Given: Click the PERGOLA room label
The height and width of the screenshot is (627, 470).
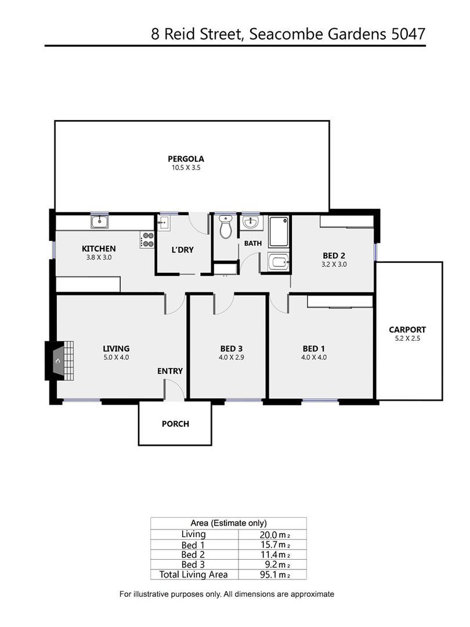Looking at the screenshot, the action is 186,158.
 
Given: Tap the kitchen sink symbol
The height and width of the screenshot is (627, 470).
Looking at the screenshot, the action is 100,222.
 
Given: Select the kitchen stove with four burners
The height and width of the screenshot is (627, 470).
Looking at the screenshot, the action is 147,240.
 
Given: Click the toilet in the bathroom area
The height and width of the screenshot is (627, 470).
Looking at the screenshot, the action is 226,227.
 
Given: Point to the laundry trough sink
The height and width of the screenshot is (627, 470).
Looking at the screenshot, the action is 164,223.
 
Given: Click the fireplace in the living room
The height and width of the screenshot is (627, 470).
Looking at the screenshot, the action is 60,361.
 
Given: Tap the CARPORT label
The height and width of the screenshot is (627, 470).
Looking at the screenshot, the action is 407,330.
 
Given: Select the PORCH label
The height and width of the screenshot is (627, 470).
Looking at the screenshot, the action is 175,424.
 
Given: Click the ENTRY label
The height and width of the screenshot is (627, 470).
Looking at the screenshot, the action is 170,371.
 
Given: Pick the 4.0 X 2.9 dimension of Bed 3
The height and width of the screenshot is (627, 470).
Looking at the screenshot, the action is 232,358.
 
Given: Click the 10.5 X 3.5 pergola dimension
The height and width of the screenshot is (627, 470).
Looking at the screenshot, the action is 186,168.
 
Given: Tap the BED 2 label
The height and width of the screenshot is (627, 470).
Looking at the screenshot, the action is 334,255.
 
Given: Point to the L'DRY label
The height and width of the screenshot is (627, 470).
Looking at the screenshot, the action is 183,250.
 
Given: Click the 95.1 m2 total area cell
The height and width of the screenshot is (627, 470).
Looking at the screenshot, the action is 274,575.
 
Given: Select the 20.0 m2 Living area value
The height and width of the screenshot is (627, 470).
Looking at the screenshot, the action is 274,535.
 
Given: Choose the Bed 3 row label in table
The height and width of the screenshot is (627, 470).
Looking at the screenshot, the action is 193,565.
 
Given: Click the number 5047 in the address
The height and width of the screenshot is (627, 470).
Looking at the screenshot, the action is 408,34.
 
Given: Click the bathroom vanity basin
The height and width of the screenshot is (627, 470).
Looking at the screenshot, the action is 251,222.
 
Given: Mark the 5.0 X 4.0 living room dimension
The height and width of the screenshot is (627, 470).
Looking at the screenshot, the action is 116,358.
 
